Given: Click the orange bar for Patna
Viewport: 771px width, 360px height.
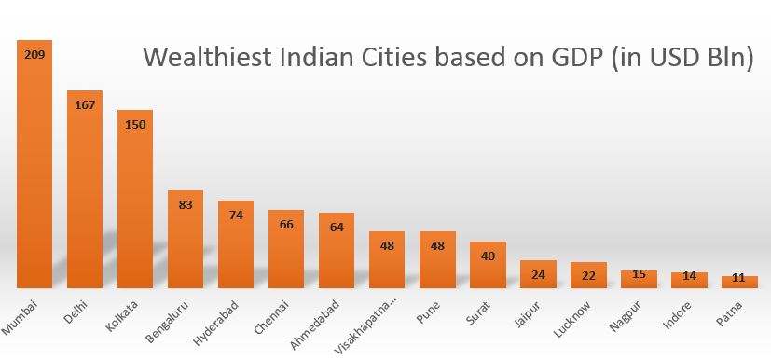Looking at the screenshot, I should click(x=739, y=282).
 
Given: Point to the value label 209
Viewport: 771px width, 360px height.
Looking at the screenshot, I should click(x=34, y=55).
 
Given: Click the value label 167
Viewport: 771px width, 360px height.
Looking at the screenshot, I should click(x=85, y=105).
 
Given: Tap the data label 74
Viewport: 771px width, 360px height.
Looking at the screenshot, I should click(x=236, y=215).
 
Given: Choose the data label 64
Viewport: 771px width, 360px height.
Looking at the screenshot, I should click(x=337, y=227).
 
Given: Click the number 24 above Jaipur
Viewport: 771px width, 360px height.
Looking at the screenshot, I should click(x=538, y=274).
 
